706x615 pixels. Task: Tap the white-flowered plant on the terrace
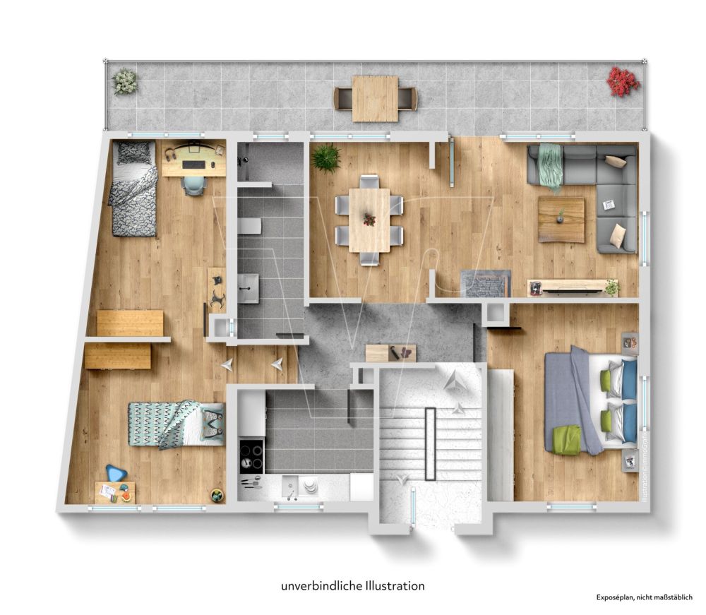click(x=126, y=80)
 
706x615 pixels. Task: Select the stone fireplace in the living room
click(x=485, y=283)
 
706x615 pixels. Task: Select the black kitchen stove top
click(x=251, y=455)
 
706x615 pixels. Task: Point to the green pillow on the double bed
click(x=566, y=438)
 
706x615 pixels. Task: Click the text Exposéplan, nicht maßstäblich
click(x=645, y=597)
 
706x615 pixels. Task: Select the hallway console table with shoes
click(x=391, y=352)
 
